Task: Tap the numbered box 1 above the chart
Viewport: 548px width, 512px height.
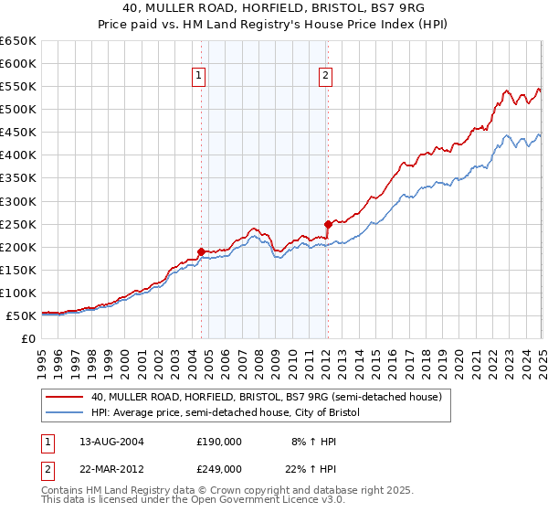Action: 198,77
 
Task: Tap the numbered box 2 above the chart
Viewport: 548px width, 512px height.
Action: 325,77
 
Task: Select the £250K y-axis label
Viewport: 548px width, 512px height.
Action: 18,224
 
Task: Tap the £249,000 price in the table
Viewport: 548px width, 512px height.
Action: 219,468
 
